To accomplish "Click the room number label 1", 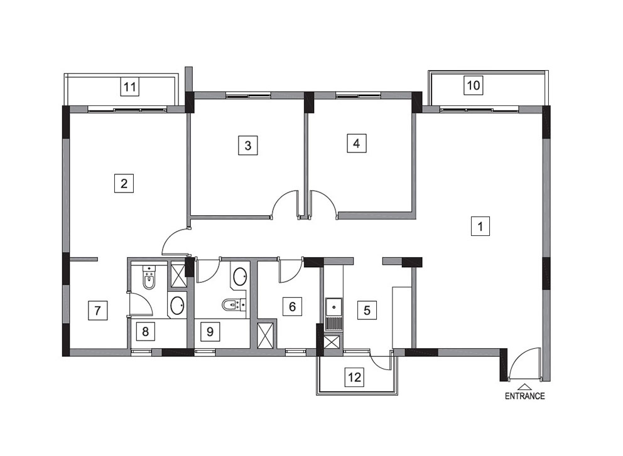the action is pos(480,226).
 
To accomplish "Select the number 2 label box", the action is pos(124,183).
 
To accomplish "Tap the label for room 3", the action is pos(248,146).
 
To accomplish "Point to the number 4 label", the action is pos(356,143).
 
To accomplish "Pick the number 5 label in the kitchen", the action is pos(367,310).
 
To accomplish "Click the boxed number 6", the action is pos(292,306).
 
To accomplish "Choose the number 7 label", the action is pos(98,310).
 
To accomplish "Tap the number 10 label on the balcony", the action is pos(474,85).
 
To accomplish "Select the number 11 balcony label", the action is pos(131,87).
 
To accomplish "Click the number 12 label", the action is pos(354,376).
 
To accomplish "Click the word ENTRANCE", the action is pos(524,396).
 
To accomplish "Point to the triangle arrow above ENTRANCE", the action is pos(524,386).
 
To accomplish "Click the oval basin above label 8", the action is pos(177,305).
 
